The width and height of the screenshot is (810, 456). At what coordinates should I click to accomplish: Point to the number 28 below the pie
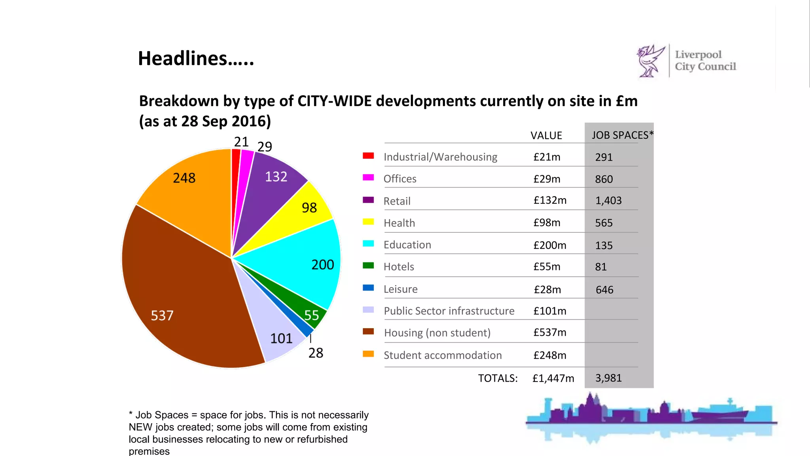pos(316,353)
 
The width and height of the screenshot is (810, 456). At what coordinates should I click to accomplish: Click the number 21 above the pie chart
pos(241,142)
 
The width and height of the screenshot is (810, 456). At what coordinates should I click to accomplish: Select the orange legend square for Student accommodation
pos(368,354)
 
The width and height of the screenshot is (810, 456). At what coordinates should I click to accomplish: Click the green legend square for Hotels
pos(368,266)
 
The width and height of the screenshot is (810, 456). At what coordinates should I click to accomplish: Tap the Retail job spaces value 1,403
pos(608,201)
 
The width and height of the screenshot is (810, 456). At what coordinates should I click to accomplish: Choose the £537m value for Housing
pos(550,332)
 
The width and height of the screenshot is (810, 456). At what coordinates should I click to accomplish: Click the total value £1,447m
pos(553,378)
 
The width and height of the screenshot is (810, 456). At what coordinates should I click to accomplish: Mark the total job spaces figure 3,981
pos(608,378)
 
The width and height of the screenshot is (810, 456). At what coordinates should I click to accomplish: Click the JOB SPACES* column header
pos(622,135)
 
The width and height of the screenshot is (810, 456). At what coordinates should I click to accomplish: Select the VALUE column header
pos(546,136)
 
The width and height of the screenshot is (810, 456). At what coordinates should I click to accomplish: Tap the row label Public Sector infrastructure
pos(449,311)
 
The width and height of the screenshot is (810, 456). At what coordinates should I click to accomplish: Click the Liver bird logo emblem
pos(650,61)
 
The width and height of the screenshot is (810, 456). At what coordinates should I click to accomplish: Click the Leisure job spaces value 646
pos(604,290)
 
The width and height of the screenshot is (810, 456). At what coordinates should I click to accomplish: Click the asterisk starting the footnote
pos(131,414)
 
